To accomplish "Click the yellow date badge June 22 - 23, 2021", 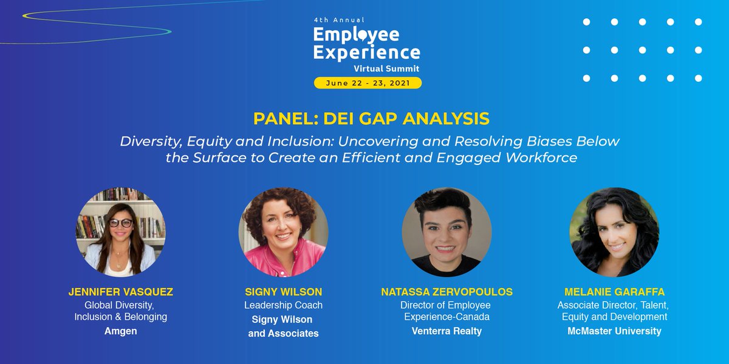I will point(368,83).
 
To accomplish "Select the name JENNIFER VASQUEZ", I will point(120,292).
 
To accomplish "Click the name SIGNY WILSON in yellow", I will point(280,292).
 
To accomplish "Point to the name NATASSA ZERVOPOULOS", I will point(447,292).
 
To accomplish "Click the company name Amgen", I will point(120,331).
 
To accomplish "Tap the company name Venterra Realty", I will point(447,331).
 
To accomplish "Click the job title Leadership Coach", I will point(280,305).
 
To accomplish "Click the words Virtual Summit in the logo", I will point(395,69).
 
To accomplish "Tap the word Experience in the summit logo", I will point(366,52).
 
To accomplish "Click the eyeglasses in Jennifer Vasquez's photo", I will point(120,223).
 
